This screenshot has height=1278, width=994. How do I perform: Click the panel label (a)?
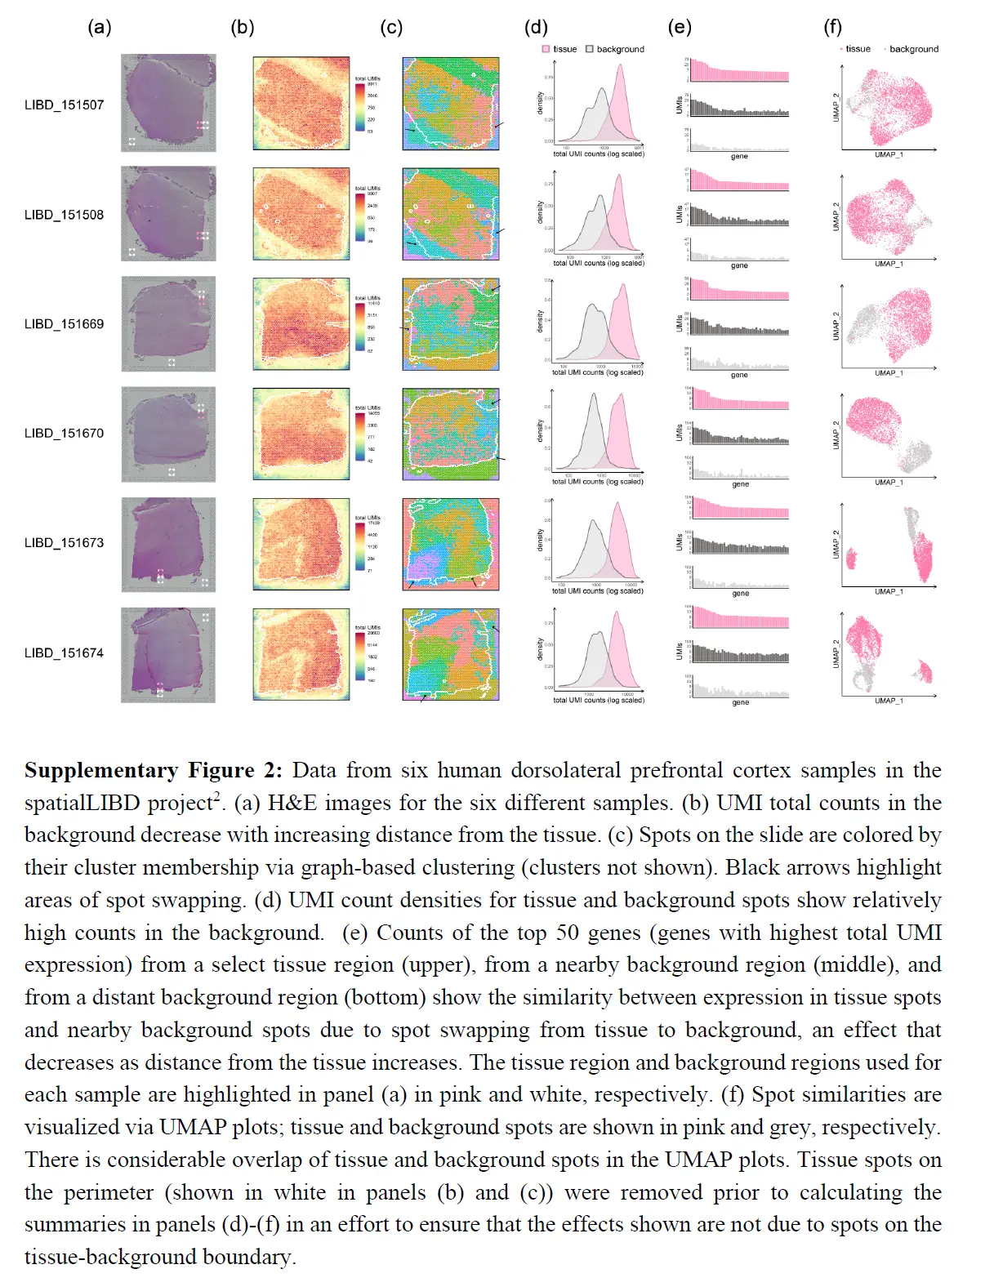tap(99, 27)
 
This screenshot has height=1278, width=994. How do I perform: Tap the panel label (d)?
tap(536, 27)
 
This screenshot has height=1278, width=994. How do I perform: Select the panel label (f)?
tap(832, 27)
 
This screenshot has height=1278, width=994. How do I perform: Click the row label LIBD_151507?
tap(64, 105)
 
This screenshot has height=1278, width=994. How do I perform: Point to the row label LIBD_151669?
tap(64, 323)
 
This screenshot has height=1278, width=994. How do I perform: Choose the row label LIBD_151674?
tap(64, 652)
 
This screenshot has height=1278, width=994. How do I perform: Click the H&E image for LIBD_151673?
tap(168, 544)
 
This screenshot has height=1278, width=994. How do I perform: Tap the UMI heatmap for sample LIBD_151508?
tap(301, 214)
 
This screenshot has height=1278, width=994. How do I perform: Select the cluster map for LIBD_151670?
tap(450, 434)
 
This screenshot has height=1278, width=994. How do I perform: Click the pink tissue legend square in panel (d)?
tap(546, 49)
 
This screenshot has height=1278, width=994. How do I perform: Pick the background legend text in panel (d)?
tap(620, 49)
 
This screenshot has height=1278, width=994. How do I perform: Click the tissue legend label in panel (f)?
tap(858, 49)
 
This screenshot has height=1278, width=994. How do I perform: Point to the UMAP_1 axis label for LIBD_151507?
tap(889, 154)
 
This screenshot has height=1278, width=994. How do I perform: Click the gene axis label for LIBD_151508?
tap(739, 265)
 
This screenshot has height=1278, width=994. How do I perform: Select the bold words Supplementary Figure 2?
tap(154, 770)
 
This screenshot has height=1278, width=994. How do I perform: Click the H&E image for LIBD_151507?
tap(168, 103)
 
